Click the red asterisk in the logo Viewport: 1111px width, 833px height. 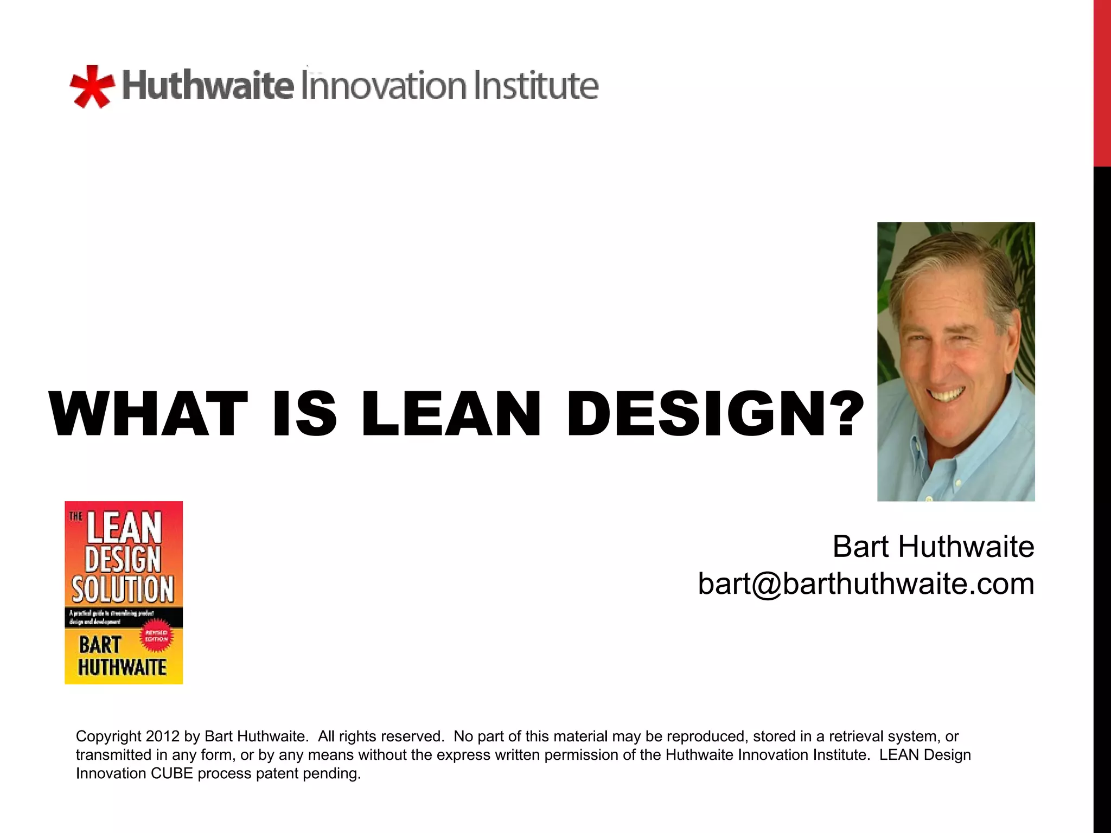(92, 87)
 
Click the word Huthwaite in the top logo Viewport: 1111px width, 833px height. (208, 86)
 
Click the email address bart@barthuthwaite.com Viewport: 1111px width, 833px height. (866, 584)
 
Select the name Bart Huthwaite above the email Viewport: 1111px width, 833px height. (933, 547)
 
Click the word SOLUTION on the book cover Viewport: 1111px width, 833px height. (123, 589)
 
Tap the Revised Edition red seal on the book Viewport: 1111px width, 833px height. (156, 636)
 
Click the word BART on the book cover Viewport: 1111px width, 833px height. (100, 645)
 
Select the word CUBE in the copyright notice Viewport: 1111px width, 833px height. (172, 773)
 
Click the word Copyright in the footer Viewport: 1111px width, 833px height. (108, 736)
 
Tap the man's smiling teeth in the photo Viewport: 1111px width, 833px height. (947, 394)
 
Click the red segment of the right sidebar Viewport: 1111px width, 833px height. (1102, 81)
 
